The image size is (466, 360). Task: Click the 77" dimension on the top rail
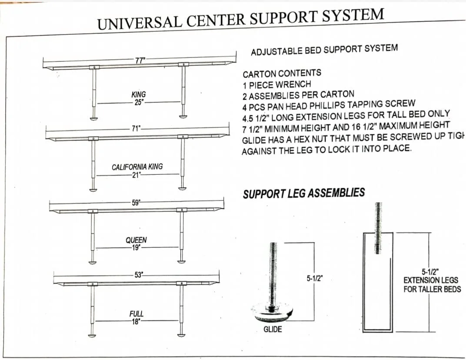tap(140, 60)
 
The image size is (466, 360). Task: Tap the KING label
tap(139, 94)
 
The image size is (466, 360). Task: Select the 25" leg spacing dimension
tap(139, 102)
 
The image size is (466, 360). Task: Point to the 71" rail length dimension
tap(136, 129)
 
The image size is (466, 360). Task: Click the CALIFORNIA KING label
tap(137, 167)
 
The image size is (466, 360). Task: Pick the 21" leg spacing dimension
tap(137, 175)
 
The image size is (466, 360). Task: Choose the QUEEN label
tap(136, 240)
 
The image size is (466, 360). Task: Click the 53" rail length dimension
tap(139, 275)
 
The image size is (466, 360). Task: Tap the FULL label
tap(136, 313)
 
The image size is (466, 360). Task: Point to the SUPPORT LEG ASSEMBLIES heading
tap(303, 193)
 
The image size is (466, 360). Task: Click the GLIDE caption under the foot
tap(273, 330)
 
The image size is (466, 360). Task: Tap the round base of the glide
tap(273, 311)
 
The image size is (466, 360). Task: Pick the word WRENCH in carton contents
tap(296, 84)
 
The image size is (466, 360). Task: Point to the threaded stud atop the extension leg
tap(378, 228)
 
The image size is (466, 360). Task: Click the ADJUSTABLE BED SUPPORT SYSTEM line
tap(324, 50)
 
